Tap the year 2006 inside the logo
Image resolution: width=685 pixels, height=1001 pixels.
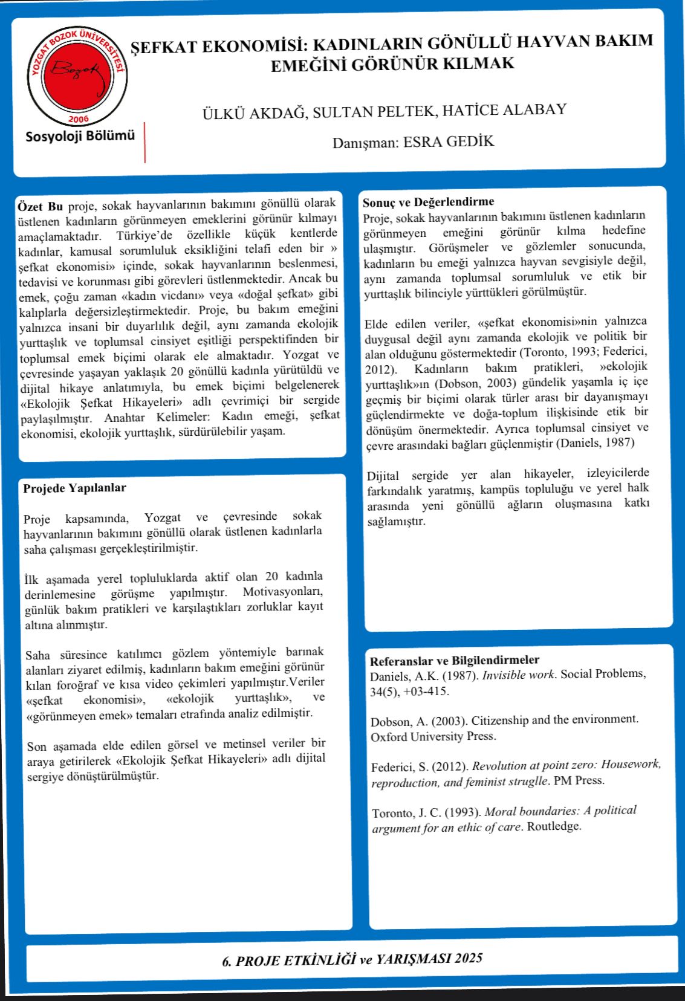click(x=79, y=118)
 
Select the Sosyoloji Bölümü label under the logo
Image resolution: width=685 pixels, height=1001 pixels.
click(x=80, y=136)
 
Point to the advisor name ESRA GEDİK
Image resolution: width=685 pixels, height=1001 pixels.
click(x=449, y=141)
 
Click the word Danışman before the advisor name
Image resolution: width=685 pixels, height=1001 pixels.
click(x=365, y=143)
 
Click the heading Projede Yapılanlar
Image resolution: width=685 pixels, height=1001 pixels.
click(x=74, y=488)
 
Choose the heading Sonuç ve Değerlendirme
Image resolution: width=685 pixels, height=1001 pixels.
click(x=428, y=201)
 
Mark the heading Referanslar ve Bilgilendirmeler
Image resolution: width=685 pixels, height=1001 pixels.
click(x=455, y=660)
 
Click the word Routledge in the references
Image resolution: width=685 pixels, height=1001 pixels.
click(x=554, y=826)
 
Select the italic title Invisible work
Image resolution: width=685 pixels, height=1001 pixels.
click(x=518, y=675)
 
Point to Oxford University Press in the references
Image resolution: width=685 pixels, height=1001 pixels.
click(x=433, y=736)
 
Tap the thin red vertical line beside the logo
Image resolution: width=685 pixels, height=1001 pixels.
click(x=144, y=142)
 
